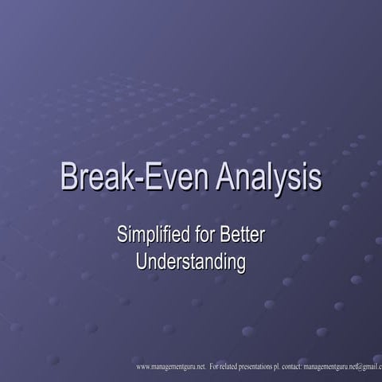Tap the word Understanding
(x=191, y=261)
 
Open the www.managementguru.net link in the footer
(x=170, y=367)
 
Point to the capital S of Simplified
(x=123, y=236)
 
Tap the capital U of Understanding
(x=142, y=260)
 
